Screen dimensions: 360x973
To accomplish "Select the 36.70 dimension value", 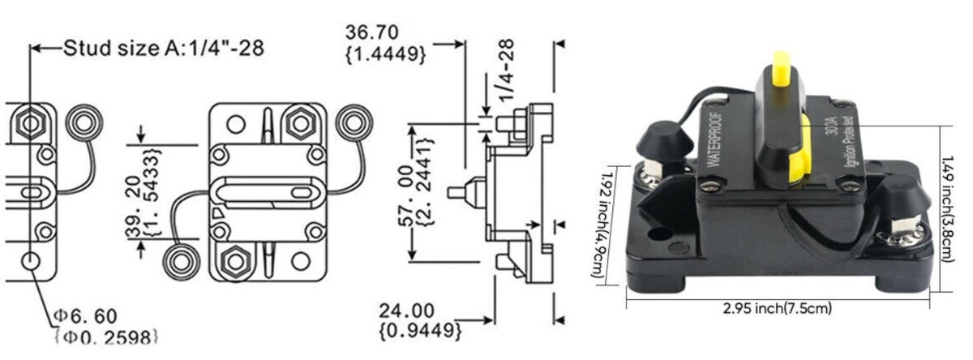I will coord(379,33).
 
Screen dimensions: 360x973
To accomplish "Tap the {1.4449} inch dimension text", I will coord(386,54).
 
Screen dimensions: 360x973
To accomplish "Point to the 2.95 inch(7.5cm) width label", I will coord(778,308).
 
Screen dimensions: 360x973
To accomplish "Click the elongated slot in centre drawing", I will coord(267,193).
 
